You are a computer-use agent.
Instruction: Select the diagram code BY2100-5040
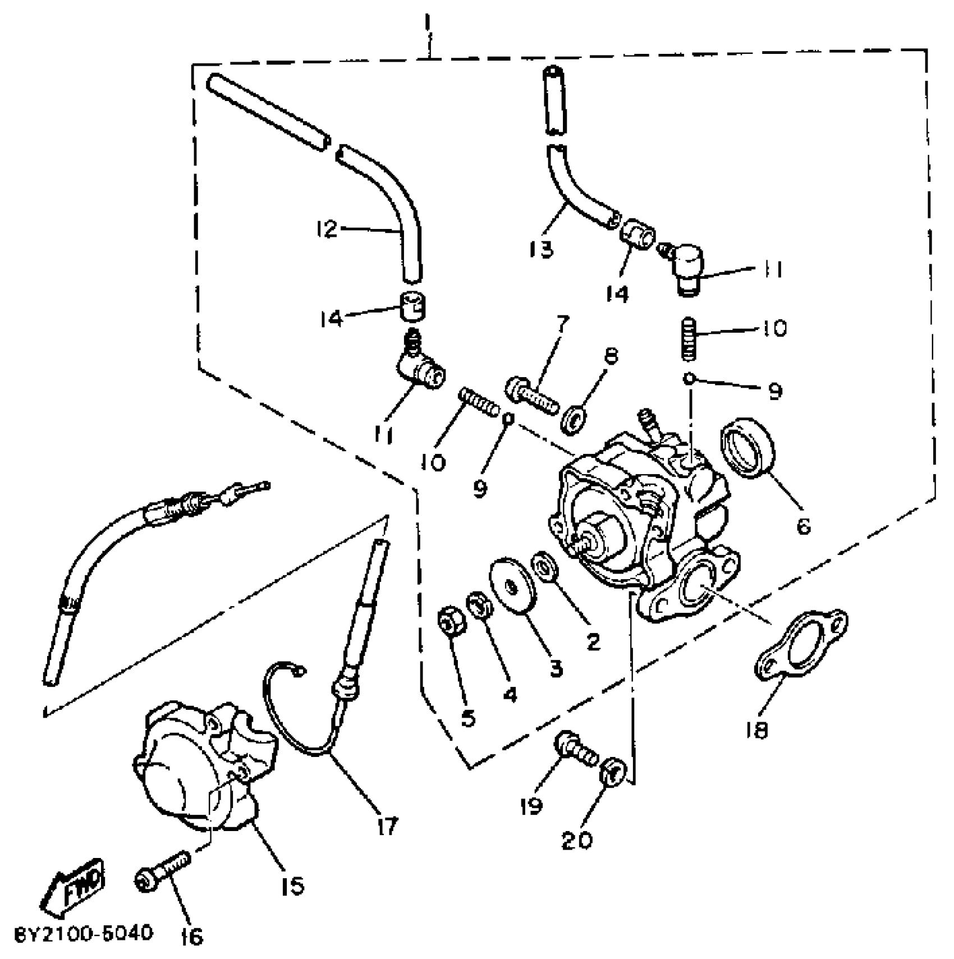[x=83, y=933]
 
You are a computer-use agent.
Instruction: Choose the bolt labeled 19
[x=575, y=749]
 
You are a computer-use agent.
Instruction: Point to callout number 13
[x=540, y=249]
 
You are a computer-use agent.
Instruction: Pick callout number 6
[x=803, y=526]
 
